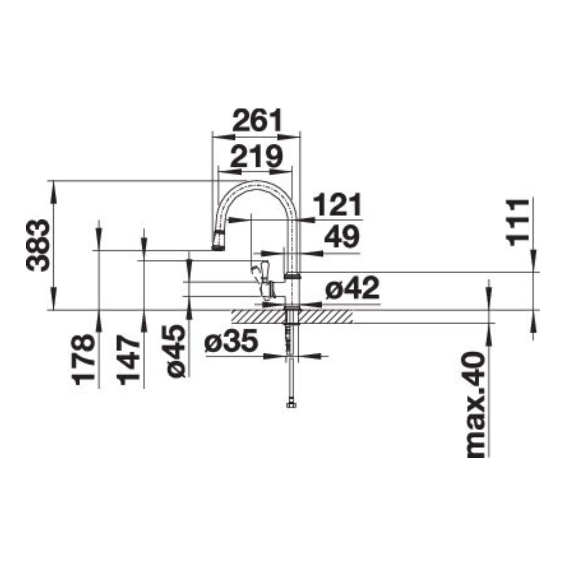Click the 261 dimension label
click(257, 120)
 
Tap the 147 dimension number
click(128, 359)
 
